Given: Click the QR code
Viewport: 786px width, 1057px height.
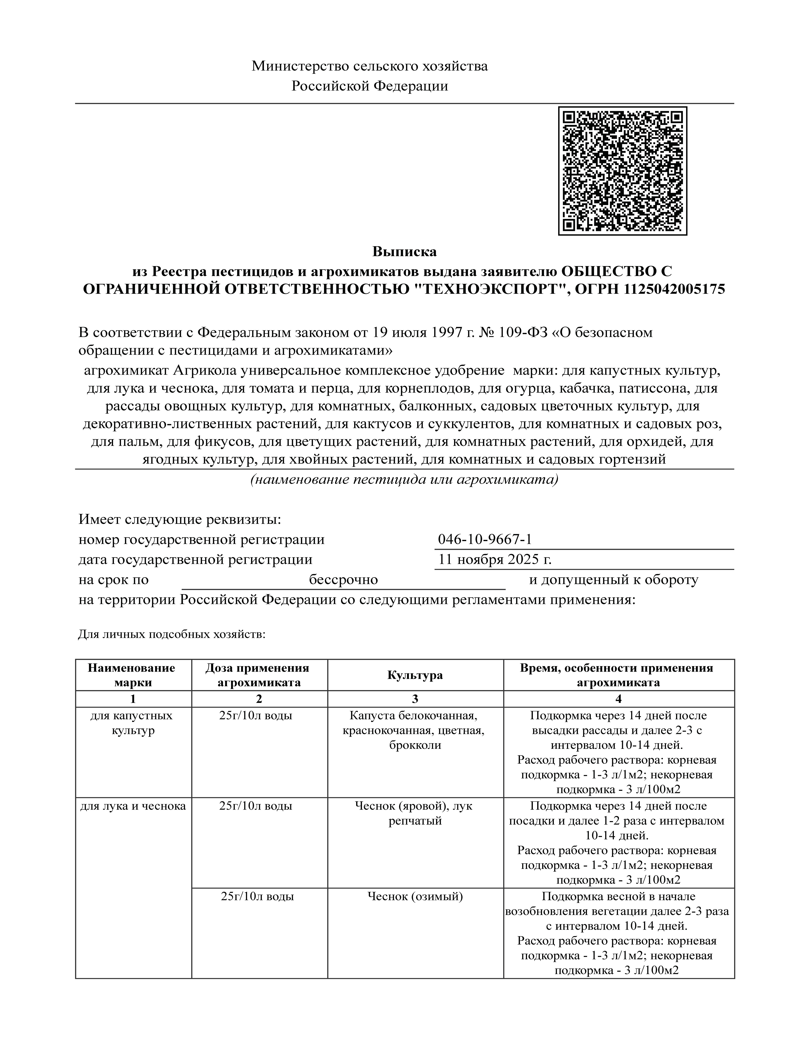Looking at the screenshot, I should tap(622, 171).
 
